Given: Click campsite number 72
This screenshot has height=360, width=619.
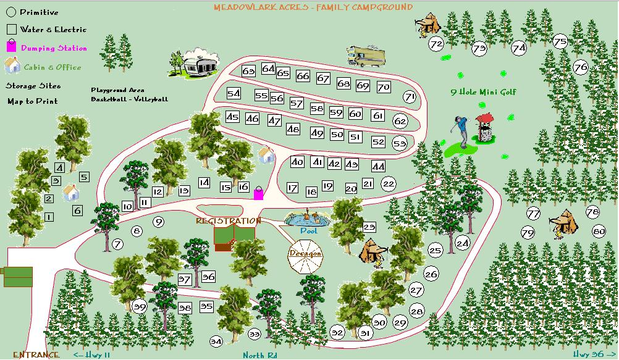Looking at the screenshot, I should click(x=436, y=44).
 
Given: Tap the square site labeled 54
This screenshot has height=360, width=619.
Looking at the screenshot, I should click(x=234, y=94).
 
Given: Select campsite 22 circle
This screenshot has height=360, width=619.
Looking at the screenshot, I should click(x=389, y=183).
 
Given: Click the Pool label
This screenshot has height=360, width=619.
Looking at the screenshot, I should click(x=307, y=230).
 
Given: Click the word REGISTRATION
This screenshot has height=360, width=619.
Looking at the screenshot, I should click(x=228, y=220).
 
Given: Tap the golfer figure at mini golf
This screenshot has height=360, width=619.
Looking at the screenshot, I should click(x=459, y=131).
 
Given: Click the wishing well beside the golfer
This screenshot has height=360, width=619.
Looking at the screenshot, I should click(x=485, y=128).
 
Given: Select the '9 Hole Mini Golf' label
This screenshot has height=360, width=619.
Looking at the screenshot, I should click(x=483, y=93).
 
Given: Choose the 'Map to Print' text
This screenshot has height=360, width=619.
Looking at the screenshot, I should click(x=33, y=101).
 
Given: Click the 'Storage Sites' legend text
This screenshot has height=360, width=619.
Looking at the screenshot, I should click(x=33, y=86).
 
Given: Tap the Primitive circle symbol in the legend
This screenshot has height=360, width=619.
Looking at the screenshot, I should click(x=11, y=12).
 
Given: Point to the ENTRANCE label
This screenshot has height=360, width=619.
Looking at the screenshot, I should click(x=36, y=354).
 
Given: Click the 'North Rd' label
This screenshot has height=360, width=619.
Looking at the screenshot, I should click(x=259, y=355).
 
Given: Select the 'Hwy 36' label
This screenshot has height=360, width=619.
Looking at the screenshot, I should click(x=589, y=354).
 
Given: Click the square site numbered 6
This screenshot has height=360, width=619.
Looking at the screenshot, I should click(x=78, y=211).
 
